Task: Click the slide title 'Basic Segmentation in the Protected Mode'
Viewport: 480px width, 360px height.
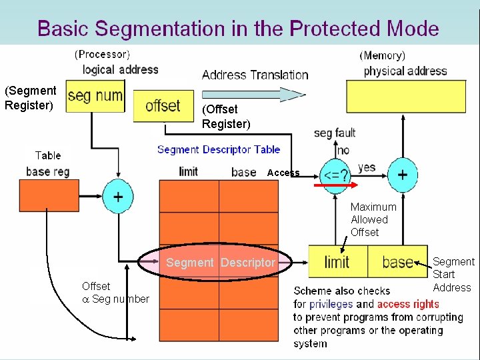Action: pos(238,29)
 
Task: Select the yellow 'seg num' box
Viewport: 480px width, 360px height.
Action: pos(95,95)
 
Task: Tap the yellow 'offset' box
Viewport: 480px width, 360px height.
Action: pos(163,106)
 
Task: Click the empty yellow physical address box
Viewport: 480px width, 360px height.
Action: pos(405,96)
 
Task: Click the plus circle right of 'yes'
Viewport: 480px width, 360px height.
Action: pos(403,175)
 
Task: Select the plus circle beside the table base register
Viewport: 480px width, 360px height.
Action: pos(117,197)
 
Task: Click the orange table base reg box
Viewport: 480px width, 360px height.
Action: pos(49,196)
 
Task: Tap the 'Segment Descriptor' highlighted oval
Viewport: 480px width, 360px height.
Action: pos(220,263)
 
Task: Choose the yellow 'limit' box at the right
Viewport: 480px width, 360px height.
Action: pos(337,262)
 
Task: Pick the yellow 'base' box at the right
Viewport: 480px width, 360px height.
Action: pos(397,262)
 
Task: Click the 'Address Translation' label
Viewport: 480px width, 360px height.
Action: pos(255,75)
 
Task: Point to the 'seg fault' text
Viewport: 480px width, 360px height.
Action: pos(334,133)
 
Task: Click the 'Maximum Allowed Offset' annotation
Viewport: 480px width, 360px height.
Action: pos(373,219)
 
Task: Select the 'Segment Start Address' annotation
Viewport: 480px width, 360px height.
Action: pos(453,275)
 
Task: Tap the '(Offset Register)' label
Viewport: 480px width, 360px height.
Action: pos(226,116)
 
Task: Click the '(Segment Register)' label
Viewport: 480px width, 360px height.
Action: pos(30,97)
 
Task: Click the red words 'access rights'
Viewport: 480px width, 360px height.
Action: pos(408,304)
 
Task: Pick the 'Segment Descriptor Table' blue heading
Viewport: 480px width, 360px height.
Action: pos(219,149)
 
